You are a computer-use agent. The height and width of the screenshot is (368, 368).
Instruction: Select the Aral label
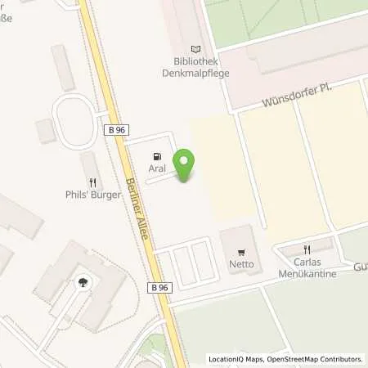click(157, 168)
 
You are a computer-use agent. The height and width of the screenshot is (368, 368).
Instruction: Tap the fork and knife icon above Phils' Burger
click(94, 182)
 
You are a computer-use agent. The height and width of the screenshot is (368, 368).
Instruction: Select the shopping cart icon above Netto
click(240, 253)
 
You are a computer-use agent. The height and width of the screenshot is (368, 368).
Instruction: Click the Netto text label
click(240, 266)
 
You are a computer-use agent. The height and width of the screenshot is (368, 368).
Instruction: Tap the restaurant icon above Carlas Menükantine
click(308, 249)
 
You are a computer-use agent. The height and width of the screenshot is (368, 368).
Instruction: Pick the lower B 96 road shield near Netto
click(160, 288)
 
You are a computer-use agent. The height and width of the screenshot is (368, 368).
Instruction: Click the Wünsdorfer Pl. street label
click(295, 95)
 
